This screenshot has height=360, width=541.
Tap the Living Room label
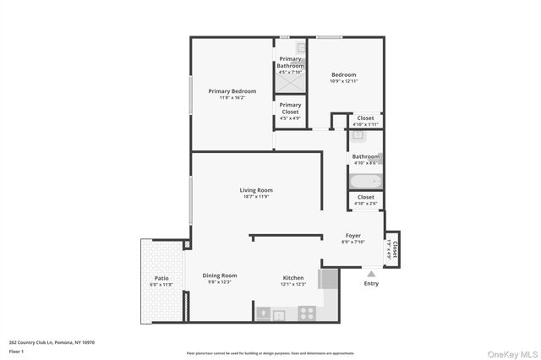(256, 190)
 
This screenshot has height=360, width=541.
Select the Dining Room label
(219, 275)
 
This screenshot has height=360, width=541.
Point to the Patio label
(161, 277)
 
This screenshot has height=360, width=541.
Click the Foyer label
(353, 236)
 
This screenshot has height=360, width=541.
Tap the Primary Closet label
(290, 108)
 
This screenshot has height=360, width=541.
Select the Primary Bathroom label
(290, 62)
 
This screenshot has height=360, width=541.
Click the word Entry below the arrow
(371, 283)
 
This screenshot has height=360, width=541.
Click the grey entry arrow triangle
(370, 274)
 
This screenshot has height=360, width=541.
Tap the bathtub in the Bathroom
(365, 182)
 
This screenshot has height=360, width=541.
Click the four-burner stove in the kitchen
(307, 314)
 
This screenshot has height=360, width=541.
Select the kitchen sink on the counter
(280, 314)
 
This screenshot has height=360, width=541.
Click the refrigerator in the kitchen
(328, 280)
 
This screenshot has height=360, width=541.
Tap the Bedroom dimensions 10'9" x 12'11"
(343, 80)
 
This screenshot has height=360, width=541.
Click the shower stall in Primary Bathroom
(290, 84)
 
